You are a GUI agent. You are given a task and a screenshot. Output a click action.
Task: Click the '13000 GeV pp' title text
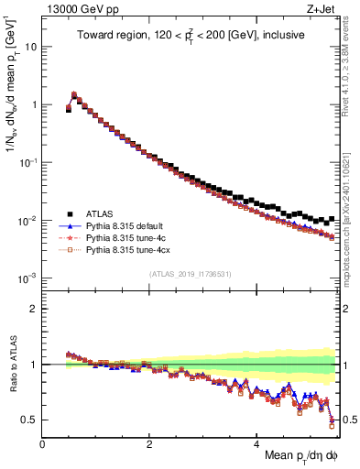point(77,10)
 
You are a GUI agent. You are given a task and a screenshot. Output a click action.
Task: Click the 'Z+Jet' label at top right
point(322,10)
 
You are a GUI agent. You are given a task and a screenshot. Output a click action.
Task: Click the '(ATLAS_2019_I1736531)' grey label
point(190,274)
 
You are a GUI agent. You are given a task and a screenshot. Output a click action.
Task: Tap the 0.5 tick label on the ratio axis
point(27,420)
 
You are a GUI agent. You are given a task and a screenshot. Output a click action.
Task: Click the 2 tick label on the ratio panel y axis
point(33,309)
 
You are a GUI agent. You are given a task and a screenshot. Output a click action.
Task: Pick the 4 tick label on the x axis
point(256,442)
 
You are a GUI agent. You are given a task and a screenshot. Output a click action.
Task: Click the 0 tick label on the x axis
point(42,442)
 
